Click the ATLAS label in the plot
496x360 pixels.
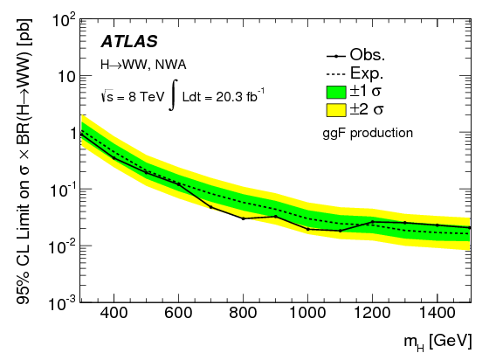click(130, 41)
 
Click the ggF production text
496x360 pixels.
click(367, 133)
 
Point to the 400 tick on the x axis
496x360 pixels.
click(113, 314)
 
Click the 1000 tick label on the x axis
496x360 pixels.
click(307, 314)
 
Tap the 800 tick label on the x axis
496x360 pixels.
click(243, 314)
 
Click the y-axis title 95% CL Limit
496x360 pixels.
click(18, 162)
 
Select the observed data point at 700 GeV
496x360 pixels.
click(210, 207)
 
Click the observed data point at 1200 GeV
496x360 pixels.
click(372, 222)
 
